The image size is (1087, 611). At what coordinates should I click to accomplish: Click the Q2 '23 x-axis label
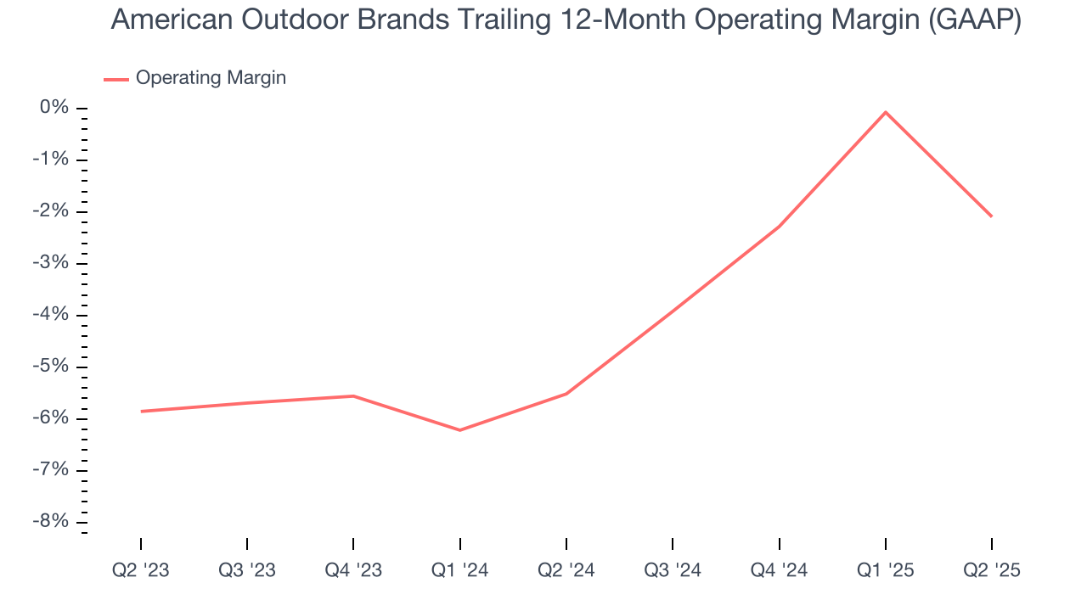[140, 570]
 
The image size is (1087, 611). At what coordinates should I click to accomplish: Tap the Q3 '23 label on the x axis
[247, 570]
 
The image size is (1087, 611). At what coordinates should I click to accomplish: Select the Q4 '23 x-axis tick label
[353, 570]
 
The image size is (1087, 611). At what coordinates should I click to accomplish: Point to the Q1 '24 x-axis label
[459, 570]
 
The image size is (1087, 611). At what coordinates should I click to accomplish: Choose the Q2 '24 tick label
[566, 570]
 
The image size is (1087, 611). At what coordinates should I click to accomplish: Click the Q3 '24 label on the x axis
[673, 570]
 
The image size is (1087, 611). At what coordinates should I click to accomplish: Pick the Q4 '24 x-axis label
[779, 570]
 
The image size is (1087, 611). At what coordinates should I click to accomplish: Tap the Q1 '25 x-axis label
[886, 570]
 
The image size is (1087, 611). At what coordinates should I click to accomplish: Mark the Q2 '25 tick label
[992, 570]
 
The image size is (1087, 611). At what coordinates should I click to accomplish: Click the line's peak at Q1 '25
[886, 112]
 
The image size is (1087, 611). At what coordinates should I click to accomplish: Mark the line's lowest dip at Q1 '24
[459, 430]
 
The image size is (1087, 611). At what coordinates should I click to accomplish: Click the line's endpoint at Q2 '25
[992, 216]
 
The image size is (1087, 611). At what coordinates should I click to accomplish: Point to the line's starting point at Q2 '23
[141, 412]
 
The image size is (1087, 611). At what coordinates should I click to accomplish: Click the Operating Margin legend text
[211, 78]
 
